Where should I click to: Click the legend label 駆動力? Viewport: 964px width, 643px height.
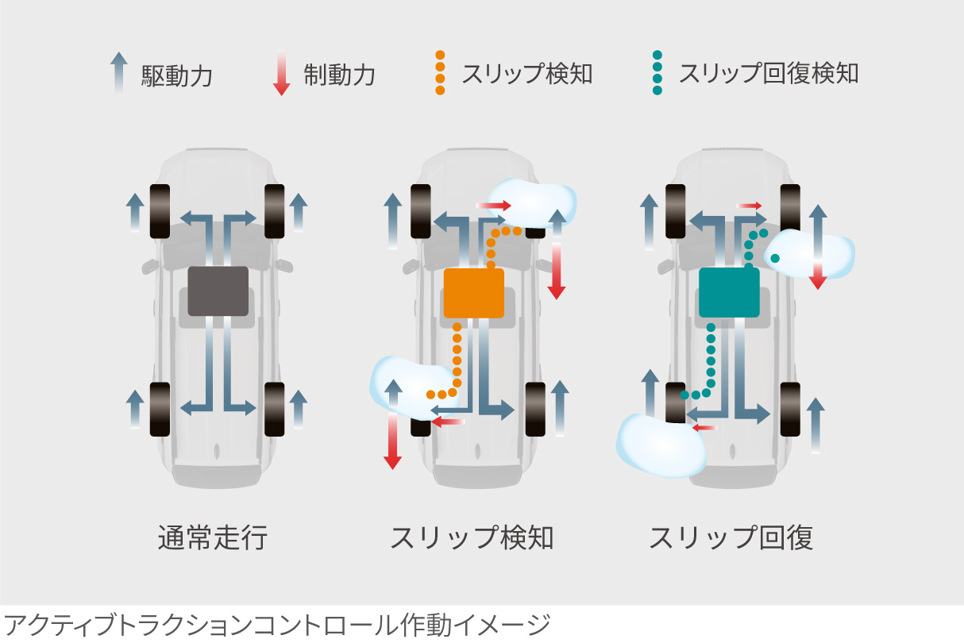click(x=177, y=75)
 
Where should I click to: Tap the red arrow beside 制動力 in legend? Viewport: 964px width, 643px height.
click(x=281, y=74)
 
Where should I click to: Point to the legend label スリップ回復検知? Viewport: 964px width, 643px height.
click(x=769, y=74)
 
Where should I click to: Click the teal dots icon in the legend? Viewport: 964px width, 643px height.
click(x=657, y=73)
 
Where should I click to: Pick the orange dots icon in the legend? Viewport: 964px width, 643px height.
click(x=440, y=73)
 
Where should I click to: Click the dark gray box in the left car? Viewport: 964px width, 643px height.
click(x=218, y=291)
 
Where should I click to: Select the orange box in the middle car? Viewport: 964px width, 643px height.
click(x=474, y=292)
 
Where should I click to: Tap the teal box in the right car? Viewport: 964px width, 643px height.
click(x=729, y=292)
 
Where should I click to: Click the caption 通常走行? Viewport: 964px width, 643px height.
click(x=213, y=538)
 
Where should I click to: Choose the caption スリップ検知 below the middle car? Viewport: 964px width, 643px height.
click(x=472, y=538)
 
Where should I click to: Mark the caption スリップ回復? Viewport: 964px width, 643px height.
click(x=731, y=538)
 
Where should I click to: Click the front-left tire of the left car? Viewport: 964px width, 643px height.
click(x=160, y=210)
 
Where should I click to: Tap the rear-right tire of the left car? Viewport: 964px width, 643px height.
click(x=275, y=409)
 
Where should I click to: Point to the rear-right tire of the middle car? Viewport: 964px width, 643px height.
click(x=536, y=409)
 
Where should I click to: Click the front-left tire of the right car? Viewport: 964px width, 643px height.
click(x=675, y=210)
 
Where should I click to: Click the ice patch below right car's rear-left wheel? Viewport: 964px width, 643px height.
click(x=661, y=448)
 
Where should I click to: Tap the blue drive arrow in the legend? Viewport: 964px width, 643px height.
click(x=118, y=73)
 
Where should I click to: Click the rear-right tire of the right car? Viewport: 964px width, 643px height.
click(x=790, y=409)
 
